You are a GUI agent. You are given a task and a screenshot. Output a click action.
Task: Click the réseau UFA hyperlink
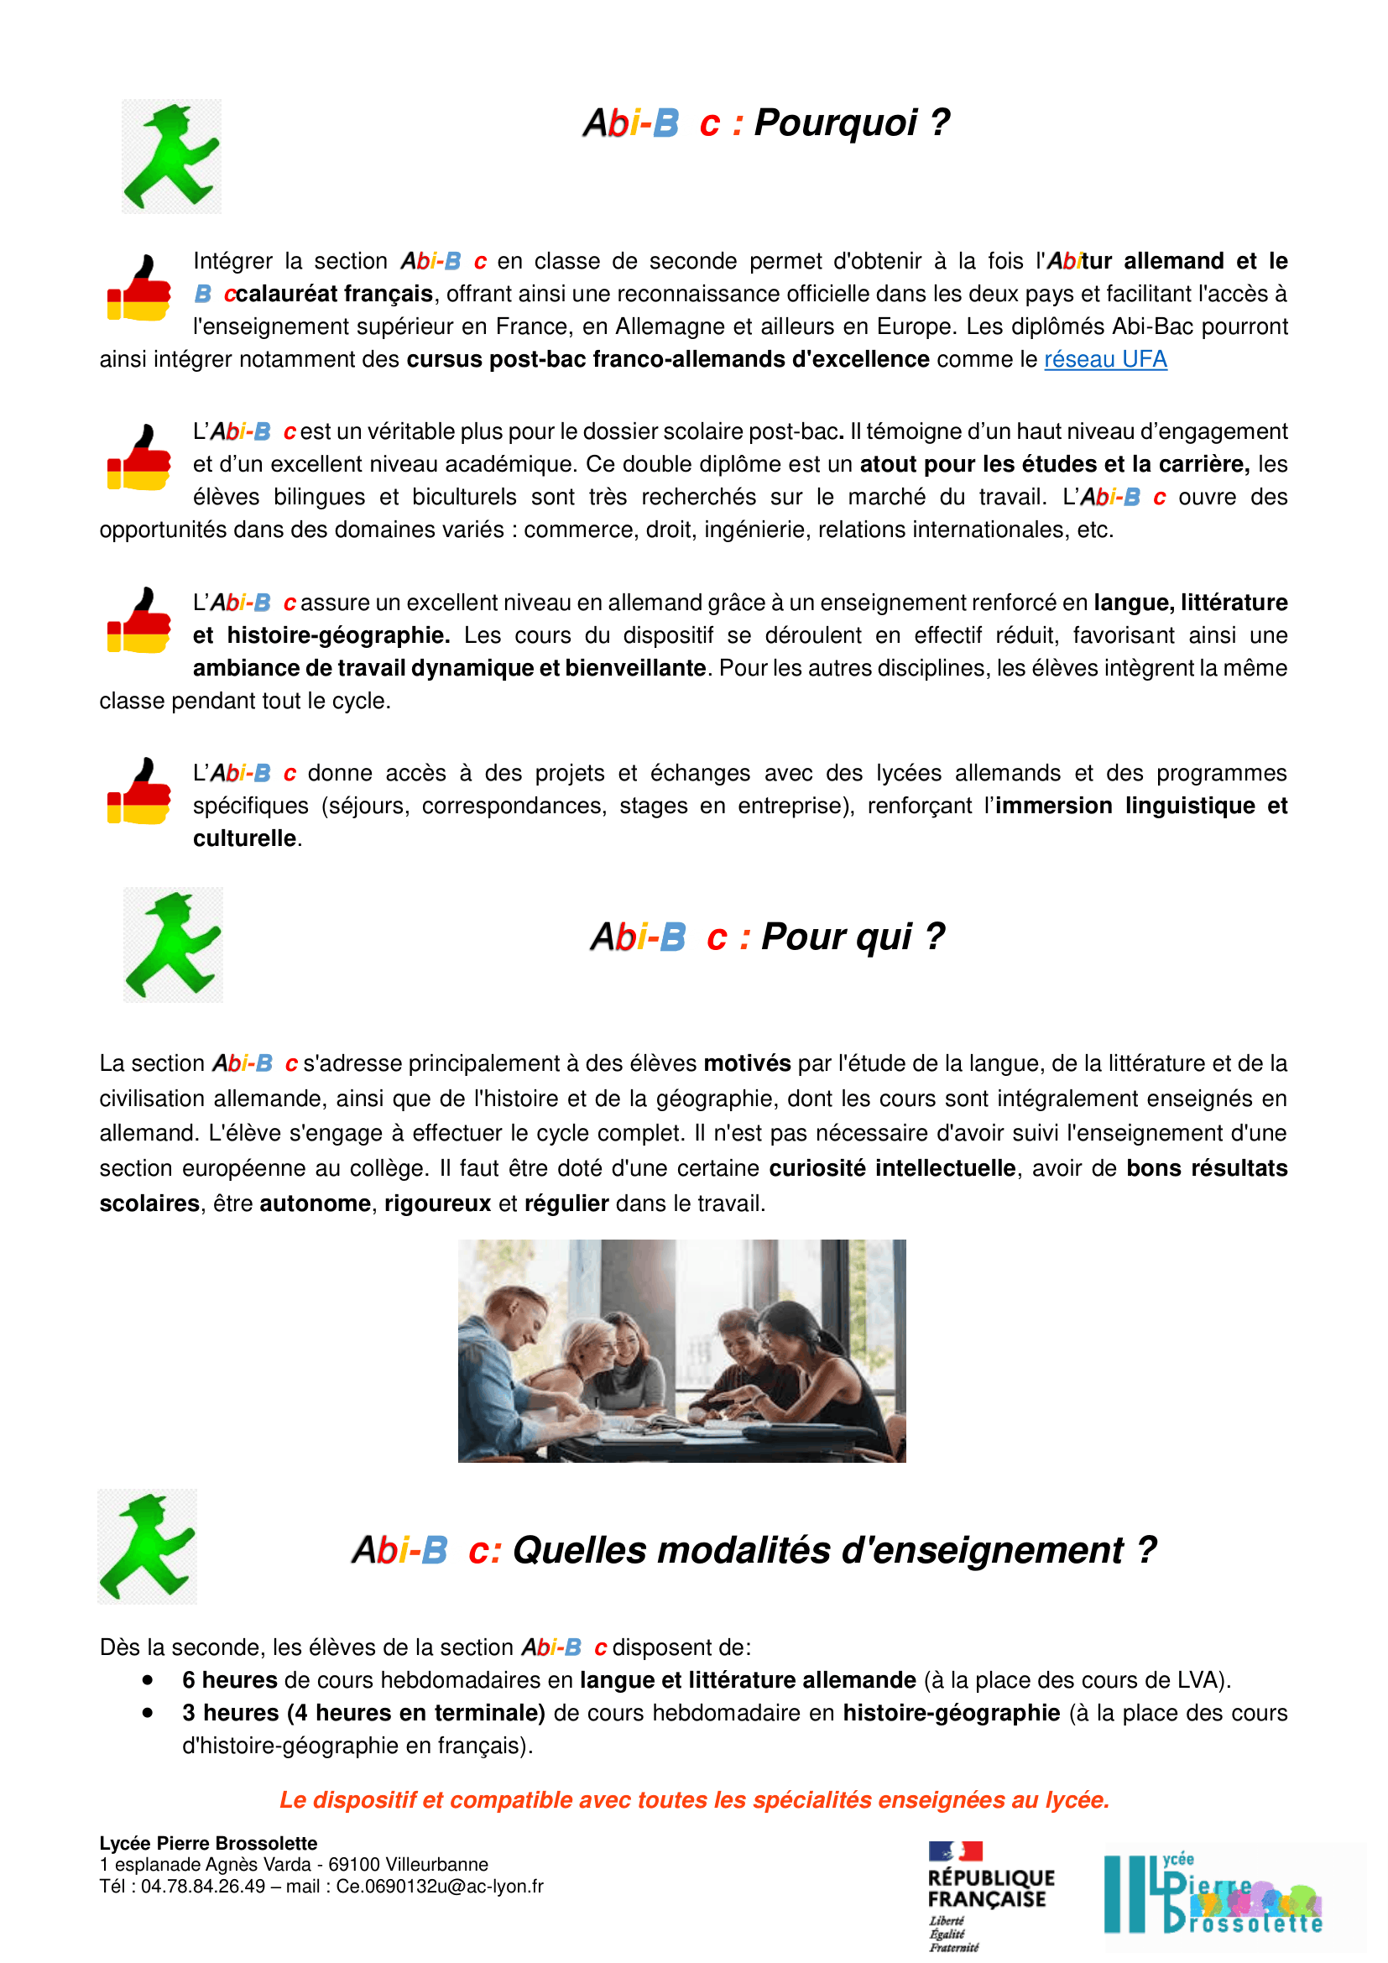tap(1105, 359)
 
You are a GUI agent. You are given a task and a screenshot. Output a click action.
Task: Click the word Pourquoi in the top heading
tap(835, 123)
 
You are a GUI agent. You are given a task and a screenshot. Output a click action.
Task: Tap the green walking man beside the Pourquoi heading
tap(171, 156)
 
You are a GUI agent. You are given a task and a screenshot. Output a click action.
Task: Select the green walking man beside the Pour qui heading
tap(173, 945)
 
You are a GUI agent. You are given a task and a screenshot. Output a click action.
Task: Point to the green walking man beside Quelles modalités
tap(147, 1547)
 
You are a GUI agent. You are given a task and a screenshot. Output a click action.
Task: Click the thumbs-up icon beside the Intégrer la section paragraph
tap(138, 288)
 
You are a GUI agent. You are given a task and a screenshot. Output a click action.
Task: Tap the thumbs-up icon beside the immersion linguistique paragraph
tap(138, 791)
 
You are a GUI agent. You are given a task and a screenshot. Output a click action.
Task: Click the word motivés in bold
tap(746, 1063)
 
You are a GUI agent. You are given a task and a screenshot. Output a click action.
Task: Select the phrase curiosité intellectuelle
tap(891, 1169)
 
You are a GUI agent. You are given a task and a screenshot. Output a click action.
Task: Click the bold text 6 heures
tap(229, 1680)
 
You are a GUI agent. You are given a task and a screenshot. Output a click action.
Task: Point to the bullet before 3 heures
tap(148, 1713)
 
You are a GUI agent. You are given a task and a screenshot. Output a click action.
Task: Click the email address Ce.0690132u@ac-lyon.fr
tap(439, 1886)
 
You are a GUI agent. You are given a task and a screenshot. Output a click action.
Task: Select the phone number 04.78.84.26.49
tap(202, 1886)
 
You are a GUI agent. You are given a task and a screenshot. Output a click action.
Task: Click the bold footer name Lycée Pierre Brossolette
tap(207, 1843)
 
